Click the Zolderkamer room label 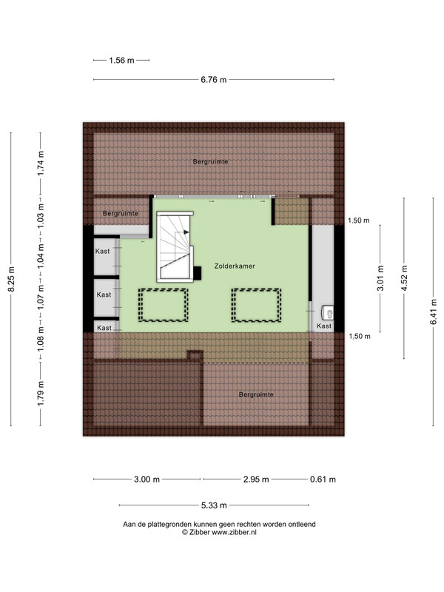tap(235, 266)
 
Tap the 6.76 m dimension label tap(214, 80)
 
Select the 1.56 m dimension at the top tap(121, 61)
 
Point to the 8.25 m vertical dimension tap(11, 279)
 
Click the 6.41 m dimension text tap(434, 312)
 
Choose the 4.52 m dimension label tap(404, 278)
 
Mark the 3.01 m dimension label tap(380, 278)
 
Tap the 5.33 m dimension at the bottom tap(214, 505)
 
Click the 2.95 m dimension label tap(256, 480)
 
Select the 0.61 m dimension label tap(323, 480)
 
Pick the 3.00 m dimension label tap(147, 480)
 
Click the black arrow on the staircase tap(186, 232)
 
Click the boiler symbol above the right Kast tap(327, 312)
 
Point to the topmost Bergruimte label tap(210, 161)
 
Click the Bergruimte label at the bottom tap(256, 394)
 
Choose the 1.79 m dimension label tap(41, 394)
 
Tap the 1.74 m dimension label tap(41, 163)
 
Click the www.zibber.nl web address tap(234, 532)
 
